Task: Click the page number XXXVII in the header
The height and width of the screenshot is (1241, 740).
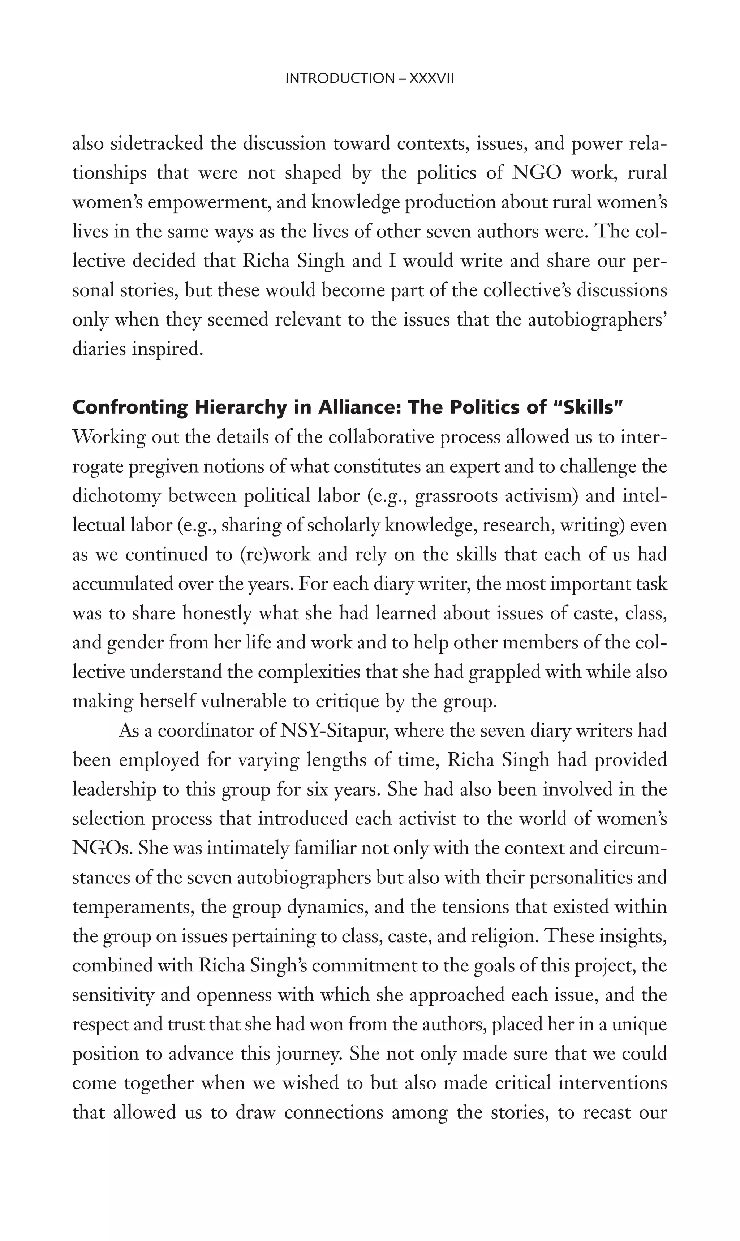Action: point(431,79)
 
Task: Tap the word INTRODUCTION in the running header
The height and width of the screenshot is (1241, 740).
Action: point(339,79)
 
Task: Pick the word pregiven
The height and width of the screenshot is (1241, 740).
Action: point(160,467)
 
